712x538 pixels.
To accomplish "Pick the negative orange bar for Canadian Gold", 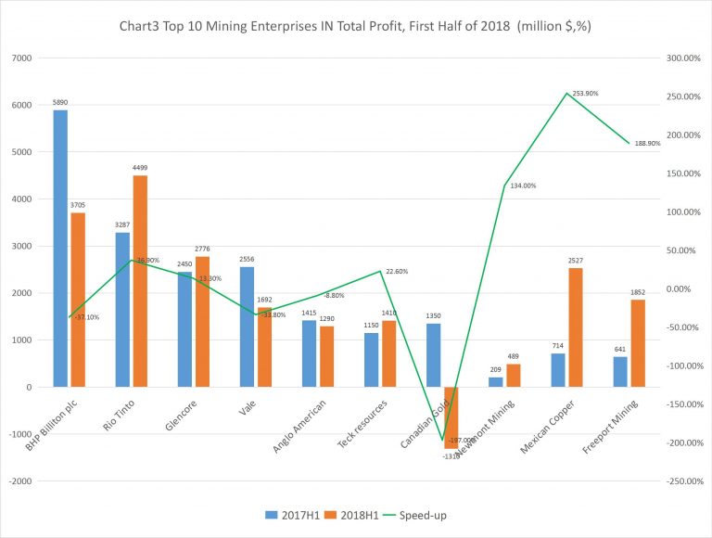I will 451,417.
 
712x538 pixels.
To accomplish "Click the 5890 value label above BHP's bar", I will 60,103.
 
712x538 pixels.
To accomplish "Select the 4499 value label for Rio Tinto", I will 140,168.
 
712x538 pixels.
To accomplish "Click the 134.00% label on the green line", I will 522,186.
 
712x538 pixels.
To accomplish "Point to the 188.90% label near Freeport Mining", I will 646,144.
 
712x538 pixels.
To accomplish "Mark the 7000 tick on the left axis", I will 21,58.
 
